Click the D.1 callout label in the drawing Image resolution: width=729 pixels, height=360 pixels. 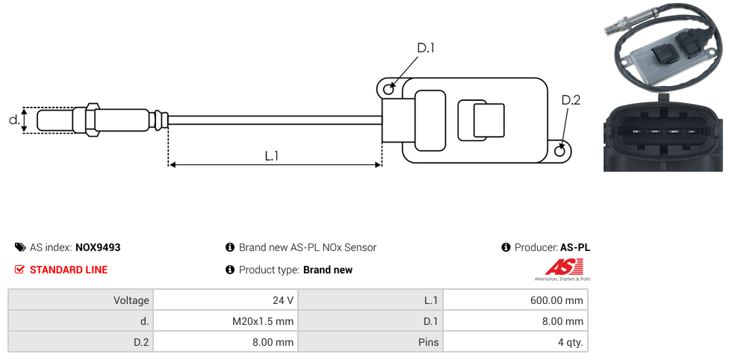pyautogui.click(x=426, y=48)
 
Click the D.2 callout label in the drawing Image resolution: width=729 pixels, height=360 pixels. pyautogui.click(x=570, y=100)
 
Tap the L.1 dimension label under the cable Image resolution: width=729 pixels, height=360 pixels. pyautogui.click(x=272, y=156)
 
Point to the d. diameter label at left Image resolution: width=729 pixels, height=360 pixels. pyautogui.click(x=13, y=120)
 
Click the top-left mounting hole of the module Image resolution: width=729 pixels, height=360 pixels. pyautogui.click(x=388, y=90)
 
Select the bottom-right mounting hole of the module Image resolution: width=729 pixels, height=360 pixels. pyautogui.click(x=561, y=151)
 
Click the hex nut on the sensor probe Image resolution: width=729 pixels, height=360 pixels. pyautogui.click(x=93, y=120)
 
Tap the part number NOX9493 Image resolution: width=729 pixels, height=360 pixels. pyautogui.click(x=98, y=247)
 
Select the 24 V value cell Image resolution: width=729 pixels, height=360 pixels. pyautogui.click(x=225, y=300)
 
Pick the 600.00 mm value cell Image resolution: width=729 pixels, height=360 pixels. pyautogui.click(x=515, y=300)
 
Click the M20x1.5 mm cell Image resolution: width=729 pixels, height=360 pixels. pyautogui.click(x=225, y=321)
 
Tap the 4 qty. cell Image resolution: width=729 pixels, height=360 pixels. pyautogui.click(x=515, y=343)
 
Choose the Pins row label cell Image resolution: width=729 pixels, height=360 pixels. pyautogui.click(x=370, y=343)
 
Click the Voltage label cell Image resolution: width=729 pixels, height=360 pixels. pyautogui.click(x=81, y=300)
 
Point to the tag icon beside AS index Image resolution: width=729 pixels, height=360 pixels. pyautogui.click(x=20, y=247)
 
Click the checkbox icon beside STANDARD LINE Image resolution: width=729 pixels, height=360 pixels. pyautogui.click(x=20, y=270)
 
